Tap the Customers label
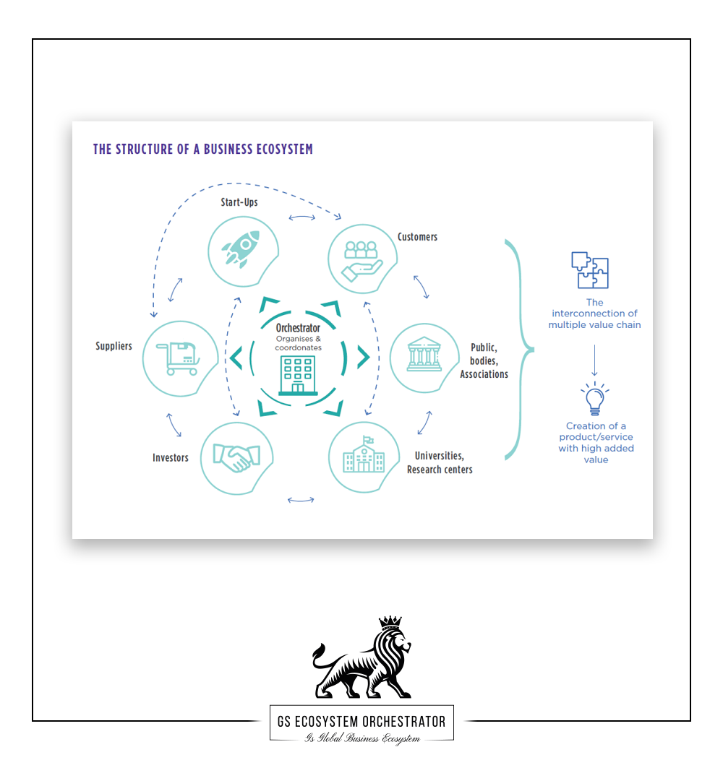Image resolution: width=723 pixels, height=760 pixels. pyautogui.click(x=417, y=237)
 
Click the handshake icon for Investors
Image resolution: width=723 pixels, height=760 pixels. pyautogui.click(x=236, y=458)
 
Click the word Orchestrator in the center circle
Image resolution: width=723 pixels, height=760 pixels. pyautogui.click(x=298, y=328)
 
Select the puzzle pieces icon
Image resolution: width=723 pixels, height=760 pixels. pyautogui.click(x=590, y=270)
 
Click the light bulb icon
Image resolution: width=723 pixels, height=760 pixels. pyautogui.click(x=594, y=400)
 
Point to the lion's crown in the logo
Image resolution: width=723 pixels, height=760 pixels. pyautogui.click(x=390, y=622)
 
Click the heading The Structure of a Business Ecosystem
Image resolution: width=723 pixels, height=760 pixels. pyautogui.click(x=203, y=150)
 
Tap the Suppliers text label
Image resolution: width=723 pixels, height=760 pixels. pyautogui.click(x=114, y=346)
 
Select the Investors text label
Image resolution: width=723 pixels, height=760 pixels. pyautogui.click(x=171, y=457)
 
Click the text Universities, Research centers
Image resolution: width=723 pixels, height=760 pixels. pyautogui.click(x=440, y=462)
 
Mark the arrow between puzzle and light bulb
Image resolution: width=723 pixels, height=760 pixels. pyautogui.click(x=594, y=360)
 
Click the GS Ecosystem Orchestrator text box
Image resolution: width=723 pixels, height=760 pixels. pyautogui.click(x=361, y=722)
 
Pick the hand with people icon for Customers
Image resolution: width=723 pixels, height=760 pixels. pyautogui.click(x=361, y=259)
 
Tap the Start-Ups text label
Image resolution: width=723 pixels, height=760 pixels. pyautogui.click(x=239, y=202)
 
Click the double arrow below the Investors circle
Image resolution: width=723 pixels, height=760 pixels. pyautogui.click(x=301, y=499)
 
